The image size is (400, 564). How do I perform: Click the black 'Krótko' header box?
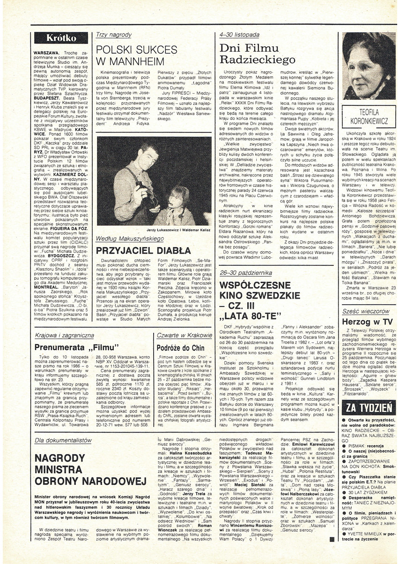click(x=60, y=38)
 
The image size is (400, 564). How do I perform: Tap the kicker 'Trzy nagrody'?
click(x=113, y=35)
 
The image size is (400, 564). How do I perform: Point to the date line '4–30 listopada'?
click(x=239, y=35)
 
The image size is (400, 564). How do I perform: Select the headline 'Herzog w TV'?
click(x=367, y=322)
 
